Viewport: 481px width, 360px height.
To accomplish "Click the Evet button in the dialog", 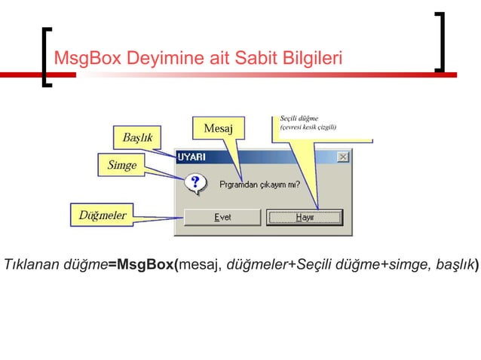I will point(222,217).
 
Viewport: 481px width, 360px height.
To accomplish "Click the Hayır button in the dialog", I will point(305,217).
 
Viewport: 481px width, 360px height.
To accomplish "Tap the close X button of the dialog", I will point(343,157).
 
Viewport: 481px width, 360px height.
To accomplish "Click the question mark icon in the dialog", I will point(195,182).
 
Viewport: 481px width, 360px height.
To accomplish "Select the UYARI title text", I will point(193,157).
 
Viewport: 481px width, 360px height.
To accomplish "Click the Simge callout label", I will point(121,165).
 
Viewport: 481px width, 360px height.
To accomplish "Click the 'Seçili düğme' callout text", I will point(299,118).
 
